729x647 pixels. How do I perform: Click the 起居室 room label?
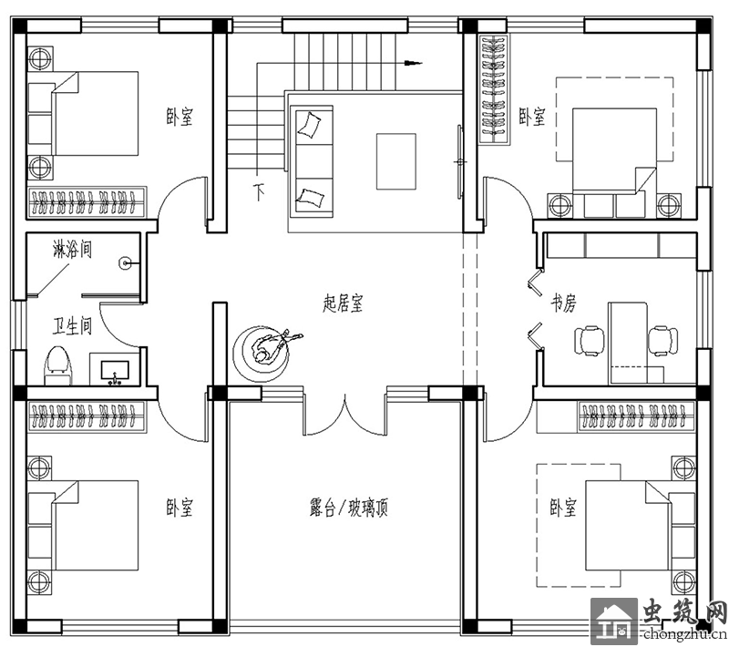(343, 303)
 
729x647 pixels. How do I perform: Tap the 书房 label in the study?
(564, 303)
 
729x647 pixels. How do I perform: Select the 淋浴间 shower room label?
(72, 250)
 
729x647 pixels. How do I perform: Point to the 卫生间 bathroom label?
(72, 326)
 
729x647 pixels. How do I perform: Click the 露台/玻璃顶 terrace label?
(349, 508)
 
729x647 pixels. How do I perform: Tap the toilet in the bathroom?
(58, 365)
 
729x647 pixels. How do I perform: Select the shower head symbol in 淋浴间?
(126, 263)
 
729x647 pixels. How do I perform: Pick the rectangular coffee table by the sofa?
(396, 161)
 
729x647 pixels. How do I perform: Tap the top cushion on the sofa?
(309, 124)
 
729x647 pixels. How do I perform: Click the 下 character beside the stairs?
(259, 191)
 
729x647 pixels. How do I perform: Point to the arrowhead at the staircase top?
(413, 63)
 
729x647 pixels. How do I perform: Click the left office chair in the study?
(590, 341)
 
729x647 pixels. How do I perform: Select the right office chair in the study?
(662, 341)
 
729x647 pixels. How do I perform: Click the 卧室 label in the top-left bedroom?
(180, 117)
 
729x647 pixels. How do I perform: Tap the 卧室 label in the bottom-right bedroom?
(563, 508)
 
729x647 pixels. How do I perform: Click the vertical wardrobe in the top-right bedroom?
(494, 89)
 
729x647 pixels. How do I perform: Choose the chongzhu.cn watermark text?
(685, 634)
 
